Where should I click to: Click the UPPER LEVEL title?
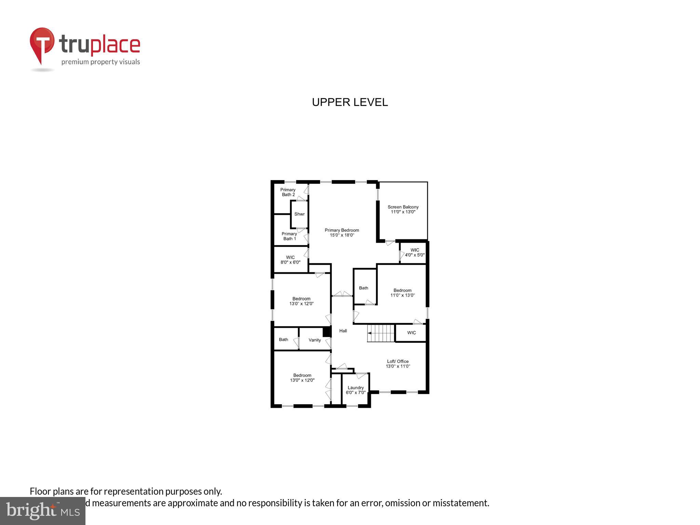(x=350, y=102)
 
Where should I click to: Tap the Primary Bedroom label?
(x=342, y=232)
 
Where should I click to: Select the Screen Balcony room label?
(x=403, y=209)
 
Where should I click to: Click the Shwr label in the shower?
(x=299, y=214)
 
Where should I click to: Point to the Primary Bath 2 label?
(x=288, y=192)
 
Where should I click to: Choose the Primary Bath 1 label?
(x=289, y=236)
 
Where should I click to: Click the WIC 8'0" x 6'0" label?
(x=290, y=260)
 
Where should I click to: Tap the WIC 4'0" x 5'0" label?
(x=415, y=252)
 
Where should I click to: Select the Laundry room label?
(x=355, y=390)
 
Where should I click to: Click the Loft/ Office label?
(x=398, y=364)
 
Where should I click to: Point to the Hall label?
(x=343, y=331)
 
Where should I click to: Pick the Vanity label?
(x=314, y=340)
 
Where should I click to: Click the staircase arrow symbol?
(x=370, y=333)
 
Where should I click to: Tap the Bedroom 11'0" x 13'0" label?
(x=402, y=293)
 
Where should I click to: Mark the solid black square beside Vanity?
(x=326, y=332)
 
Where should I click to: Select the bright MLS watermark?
(x=43, y=510)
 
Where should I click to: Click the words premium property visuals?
(x=100, y=62)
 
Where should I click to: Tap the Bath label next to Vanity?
(x=283, y=339)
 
